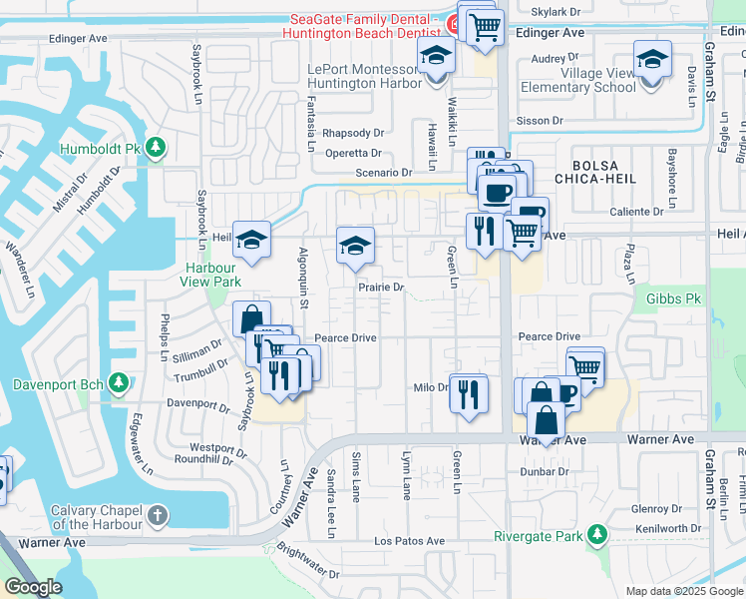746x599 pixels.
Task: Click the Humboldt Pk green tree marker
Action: (x=155, y=149)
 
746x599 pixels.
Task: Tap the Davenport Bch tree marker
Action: (x=118, y=383)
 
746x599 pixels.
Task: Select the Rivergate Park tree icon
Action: (x=596, y=536)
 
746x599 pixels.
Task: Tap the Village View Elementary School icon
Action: (x=652, y=61)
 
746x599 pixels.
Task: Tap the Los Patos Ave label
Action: (x=409, y=541)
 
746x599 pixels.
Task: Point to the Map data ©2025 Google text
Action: (x=683, y=591)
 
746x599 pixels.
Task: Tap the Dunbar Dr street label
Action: (x=544, y=471)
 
